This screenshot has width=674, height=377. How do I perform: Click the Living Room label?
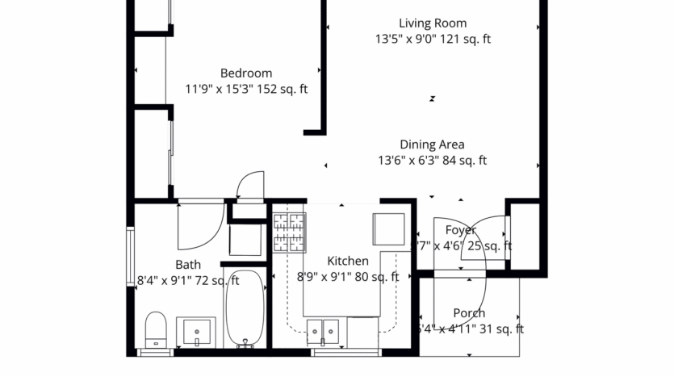[433, 23]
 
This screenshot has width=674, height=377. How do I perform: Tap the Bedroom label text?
[246, 73]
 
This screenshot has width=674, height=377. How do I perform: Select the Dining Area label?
[432, 145]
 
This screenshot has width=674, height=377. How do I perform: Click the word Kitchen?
[348, 261]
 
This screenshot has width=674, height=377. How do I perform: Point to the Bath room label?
[188, 264]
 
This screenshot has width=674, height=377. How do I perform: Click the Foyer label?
[460, 230]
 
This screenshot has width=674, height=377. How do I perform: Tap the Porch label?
[469, 313]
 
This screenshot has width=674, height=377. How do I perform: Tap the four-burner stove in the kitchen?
[290, 232]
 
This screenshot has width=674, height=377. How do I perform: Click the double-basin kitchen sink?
[324, 330]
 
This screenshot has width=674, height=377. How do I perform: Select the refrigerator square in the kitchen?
[389, 228]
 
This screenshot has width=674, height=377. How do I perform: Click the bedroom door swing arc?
[251, 184]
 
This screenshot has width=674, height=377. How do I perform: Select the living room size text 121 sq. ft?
[466, 39]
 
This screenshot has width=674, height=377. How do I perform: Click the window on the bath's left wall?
[130, 258]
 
